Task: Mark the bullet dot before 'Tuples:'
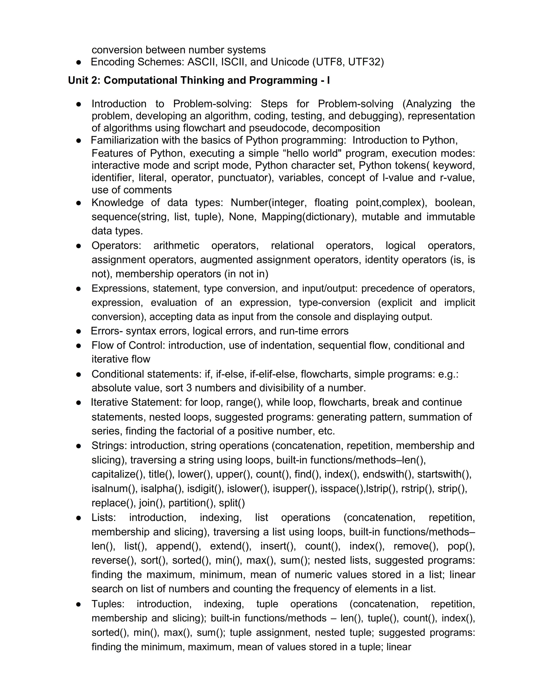tap(79, 604)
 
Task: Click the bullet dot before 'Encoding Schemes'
tap(79, 62)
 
